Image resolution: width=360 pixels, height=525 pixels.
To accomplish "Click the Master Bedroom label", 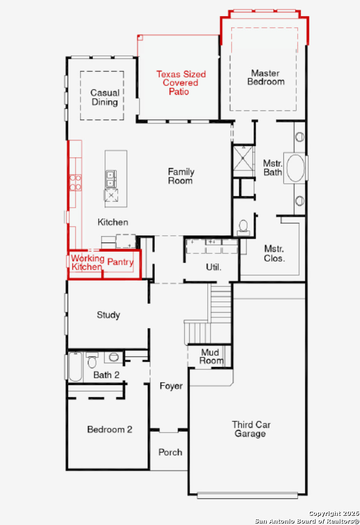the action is [x=266, y=77].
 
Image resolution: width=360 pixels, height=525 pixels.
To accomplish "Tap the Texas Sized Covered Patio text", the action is [x=180, y=83].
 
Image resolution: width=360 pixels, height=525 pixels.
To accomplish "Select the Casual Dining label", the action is [x=105, y=97].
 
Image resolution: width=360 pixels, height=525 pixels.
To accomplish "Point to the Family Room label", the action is [x=181, y=176].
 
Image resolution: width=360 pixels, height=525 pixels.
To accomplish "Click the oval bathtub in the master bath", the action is [x=295, y=168].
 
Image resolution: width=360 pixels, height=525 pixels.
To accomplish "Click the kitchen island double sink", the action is [x=111, y=179].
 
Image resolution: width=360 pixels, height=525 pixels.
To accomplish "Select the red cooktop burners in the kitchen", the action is [x=75, y=182].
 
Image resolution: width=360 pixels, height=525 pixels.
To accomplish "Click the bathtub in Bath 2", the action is [x=75, y=367].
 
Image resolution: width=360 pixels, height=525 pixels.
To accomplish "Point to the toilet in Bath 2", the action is [x=91, y=360].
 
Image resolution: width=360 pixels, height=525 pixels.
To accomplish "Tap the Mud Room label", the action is [x=211, y=356].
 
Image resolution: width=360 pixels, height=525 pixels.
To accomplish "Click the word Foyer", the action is [x=171, y=386].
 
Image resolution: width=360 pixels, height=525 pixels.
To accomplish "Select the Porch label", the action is [x=170, y=453].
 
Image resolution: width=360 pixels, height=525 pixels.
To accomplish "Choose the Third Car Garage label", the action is [x=251, y=429].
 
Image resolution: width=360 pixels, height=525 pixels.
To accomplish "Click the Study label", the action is [x=108, y=315].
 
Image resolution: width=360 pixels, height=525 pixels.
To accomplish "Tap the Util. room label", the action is [x=214, y=267].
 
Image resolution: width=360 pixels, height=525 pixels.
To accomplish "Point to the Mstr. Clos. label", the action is [x=274, y=253].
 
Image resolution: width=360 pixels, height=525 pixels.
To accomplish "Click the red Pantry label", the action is [x=120, y=262].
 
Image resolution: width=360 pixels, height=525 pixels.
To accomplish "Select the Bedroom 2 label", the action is [x=109, y=429].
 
